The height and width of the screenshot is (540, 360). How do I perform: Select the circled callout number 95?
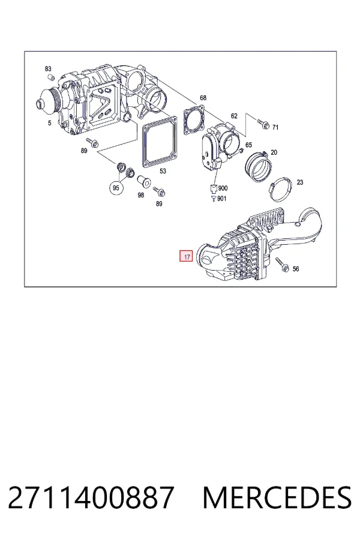tap(116, 188)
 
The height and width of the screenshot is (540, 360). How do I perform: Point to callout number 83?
tap(48, 69)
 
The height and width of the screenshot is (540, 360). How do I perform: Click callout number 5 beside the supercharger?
tap(50, 123)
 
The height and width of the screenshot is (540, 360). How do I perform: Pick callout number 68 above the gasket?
tap(203, 98)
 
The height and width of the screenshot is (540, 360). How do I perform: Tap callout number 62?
tap(234, 116)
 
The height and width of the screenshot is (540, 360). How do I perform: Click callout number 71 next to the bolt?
tap(275, 127)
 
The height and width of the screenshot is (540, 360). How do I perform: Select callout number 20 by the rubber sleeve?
tap(274, 152)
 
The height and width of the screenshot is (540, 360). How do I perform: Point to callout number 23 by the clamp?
tap(300, 182)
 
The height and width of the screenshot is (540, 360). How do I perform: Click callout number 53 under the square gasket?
tap(163, 171)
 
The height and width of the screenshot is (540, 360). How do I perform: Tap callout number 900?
tap(223, 188)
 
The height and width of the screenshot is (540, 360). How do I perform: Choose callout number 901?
tap(222, 199)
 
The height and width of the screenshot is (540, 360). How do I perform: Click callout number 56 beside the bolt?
tap(296, 269)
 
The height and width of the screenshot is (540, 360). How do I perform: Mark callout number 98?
tap(140, 195)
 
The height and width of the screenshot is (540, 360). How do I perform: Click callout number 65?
tap(248, 145)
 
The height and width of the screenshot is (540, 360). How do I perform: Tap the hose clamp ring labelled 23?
tap(280, 190)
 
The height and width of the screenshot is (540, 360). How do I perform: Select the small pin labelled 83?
tap(50, 77)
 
